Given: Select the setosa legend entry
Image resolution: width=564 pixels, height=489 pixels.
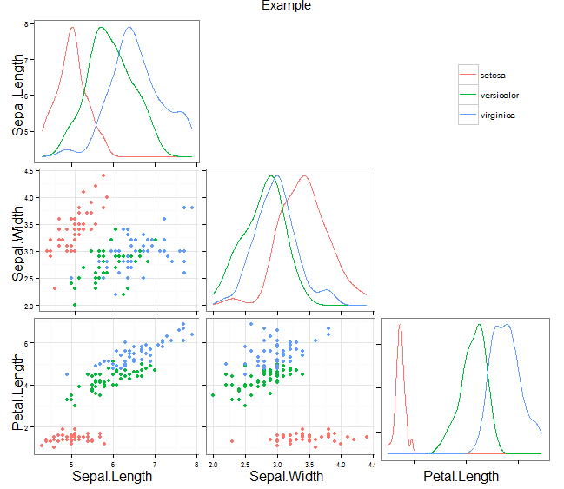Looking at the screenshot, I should (x=492, y=76).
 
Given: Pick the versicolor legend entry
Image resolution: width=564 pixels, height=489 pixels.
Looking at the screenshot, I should (x=499, y=96).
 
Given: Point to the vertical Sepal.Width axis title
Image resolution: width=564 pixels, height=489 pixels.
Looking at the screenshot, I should (x=17, y=240).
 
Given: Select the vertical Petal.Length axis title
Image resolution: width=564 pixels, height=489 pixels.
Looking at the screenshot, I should (x=17, y=387).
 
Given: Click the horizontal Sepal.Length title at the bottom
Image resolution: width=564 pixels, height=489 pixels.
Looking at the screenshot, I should (x=112, y=476).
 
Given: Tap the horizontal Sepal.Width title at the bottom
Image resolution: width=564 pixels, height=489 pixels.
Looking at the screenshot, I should (x=288, y=476).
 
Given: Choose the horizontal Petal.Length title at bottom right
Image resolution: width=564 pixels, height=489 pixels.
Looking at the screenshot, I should (x=461, y=476).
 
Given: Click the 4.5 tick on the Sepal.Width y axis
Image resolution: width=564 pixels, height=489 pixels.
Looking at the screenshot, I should (x=28, y=172).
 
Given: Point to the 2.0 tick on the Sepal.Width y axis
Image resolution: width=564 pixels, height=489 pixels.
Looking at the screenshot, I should (x=28, y=306).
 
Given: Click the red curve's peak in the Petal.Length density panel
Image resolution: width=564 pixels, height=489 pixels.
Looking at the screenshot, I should (x=401, y=325).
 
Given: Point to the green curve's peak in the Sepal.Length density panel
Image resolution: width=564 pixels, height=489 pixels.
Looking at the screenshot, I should (x=101, y=27).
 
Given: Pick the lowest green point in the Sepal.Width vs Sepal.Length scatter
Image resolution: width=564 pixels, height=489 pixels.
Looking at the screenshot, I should (x=75, y=305).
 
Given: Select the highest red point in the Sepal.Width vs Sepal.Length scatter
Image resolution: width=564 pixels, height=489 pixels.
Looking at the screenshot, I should (x=103, y=175).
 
